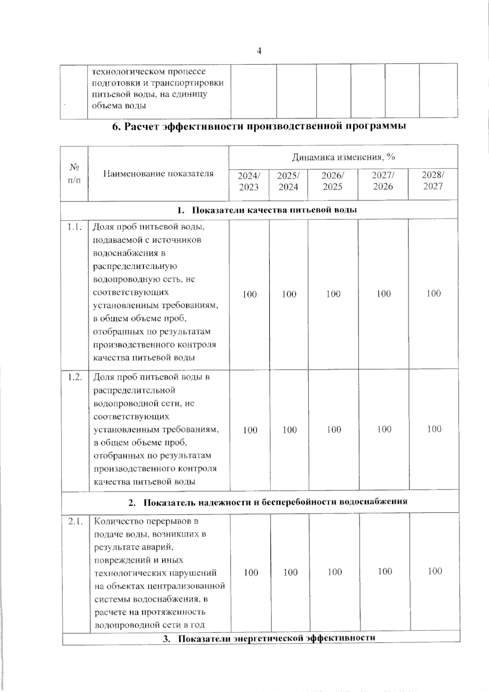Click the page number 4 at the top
coord(259,51)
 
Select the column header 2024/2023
coord(249,181)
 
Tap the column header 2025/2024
coord(288,181)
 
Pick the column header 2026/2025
coord(333,181)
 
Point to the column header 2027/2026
coord(383,181)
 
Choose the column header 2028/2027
coord(433,181)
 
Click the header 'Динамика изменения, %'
coord(343,157)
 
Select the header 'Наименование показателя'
coord(158,174)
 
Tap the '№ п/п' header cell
coord(74,174)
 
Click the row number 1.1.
coord(75,227)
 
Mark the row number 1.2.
coord(75,377)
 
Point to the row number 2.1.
coord(75,521)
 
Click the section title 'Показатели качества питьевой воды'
coord(274,210)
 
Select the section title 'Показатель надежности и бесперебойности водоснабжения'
coord(275,502)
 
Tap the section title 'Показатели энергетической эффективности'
coord(276,638)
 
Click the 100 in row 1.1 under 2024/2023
coord(249,294)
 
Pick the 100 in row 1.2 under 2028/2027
coord(434,429)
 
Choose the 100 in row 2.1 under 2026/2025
coord(335,572)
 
